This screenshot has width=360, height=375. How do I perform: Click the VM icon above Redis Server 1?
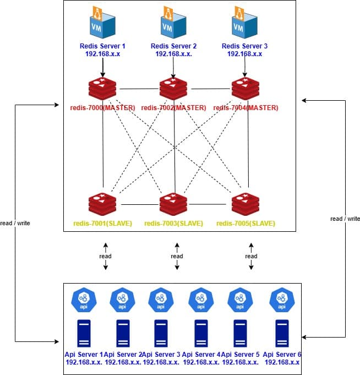pos(102,22)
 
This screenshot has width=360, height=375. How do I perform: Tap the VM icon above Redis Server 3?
pos(244,22)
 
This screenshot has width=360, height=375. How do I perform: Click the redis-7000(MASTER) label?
pos(103,107)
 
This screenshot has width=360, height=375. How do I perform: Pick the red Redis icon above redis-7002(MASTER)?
pos(173,89)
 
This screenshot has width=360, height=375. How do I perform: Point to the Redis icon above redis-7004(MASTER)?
pos(245,89)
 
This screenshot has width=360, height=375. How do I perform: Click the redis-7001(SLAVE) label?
pos(102,224)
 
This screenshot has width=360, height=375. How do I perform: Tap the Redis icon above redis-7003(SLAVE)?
pos(173,204)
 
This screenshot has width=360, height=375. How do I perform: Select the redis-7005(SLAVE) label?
pos(246,224)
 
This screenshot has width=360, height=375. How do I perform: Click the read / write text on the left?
pos(15,224)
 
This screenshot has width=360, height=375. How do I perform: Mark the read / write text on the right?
pos(345,219)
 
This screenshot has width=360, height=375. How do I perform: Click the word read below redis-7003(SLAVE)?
pos(177,256)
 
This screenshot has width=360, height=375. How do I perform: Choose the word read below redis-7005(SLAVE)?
pos(251,256)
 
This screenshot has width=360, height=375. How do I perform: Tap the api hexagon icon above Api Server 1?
pos(84,301)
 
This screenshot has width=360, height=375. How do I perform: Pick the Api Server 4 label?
pos(201,354)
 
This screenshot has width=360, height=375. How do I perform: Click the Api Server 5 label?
pos(240,354)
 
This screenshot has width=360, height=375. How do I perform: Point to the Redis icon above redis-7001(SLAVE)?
pos(102,204)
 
